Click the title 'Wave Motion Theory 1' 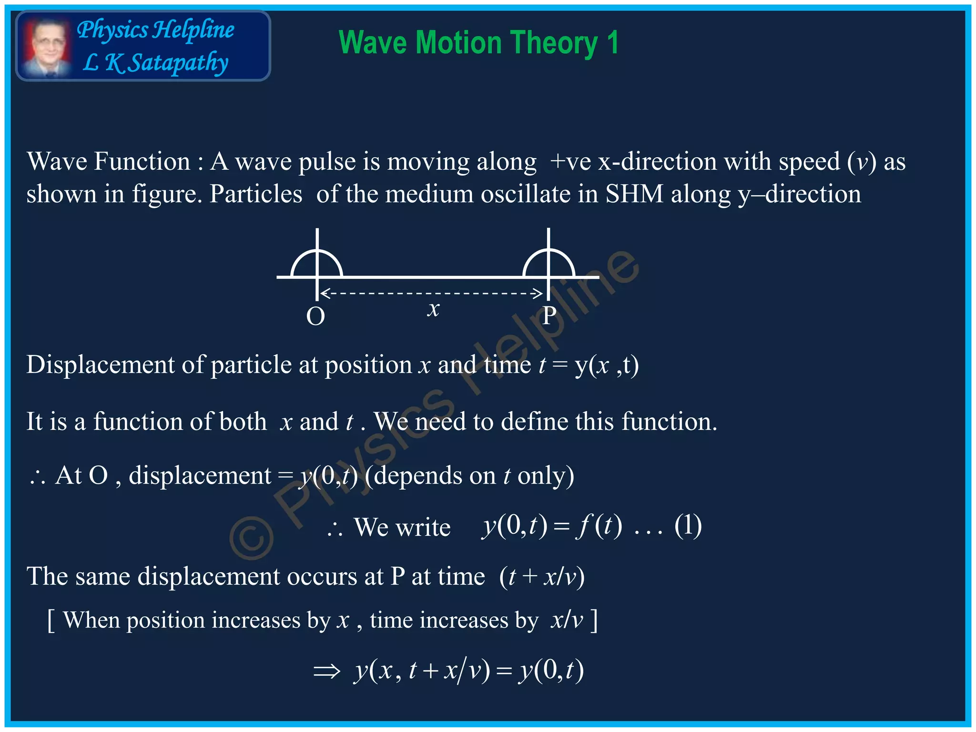pos(478,43)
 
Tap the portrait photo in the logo pos(47,47)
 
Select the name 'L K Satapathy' pos(155,63)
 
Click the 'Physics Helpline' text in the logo pos(155,30)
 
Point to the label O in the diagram pos(315,316)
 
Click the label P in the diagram pos(549,315)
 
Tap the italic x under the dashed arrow pos(433,309)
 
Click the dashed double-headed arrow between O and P pos(432,293)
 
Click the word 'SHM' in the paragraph pos(634,194)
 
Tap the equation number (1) pos(688,526)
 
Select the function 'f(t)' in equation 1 pos(599,526)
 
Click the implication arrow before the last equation pos(327,671)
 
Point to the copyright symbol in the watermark pos(251,537)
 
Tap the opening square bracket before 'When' pos(51,620)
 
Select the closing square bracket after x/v pos(593,620)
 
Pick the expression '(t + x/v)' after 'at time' pos(542,577)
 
